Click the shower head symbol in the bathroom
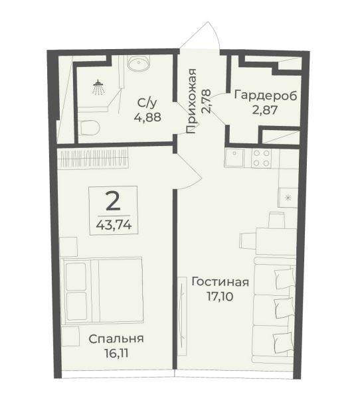pyautogui.click(x=98, y=87)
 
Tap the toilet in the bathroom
pyautogui.click(x=90, y=127)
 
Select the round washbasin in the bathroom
pyautogui.click(x=139, y=63)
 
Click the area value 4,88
pyautogui.click(x=147, y=117)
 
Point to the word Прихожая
pyautogui.click(x=191, y=101)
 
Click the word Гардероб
pyautogui.click(x=266, y=96)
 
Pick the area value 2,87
pyautogui.click(x=264, y=109)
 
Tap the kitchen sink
pyautogui.click(x=234, y=158)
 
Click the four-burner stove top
pyautogui.click(x=261, y=158)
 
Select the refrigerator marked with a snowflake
pyautogui.click(x=288, y=198)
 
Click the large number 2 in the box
pyautogui.click(x=113, y=201)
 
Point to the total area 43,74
pyautogui.click(x=114, y=226)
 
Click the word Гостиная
pyautogui.click(x=221, y=282)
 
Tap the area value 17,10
pyautogui.click(x=220, y=297)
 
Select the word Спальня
pyautogui.click(x=116, y=339)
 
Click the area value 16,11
pyautogui.click(x=117, y=354)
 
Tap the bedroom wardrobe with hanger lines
pyautogui.click(x=94, y=158)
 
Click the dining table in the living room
pyautogui.click(x=276, y=241)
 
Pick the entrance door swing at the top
pyautogui.click(x=200, y=35)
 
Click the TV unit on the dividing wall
pyautogui.click(x=182, y=316)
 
